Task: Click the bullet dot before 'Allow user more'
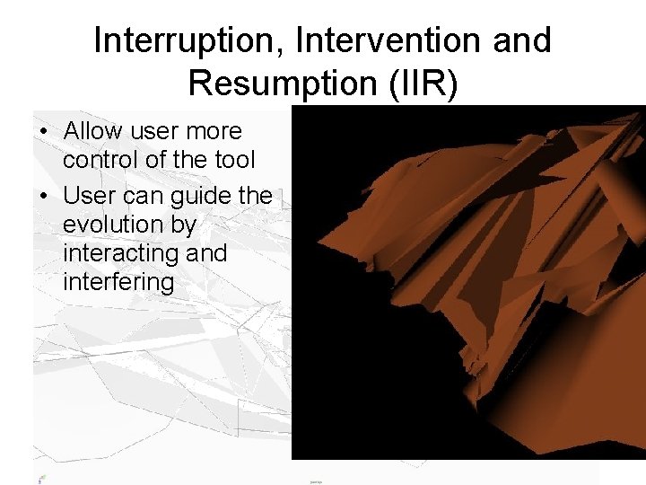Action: coord(43,132)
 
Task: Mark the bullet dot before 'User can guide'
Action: coord(43,195)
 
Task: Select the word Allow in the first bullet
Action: coord(94,131)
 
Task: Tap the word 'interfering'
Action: coord(118,283)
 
